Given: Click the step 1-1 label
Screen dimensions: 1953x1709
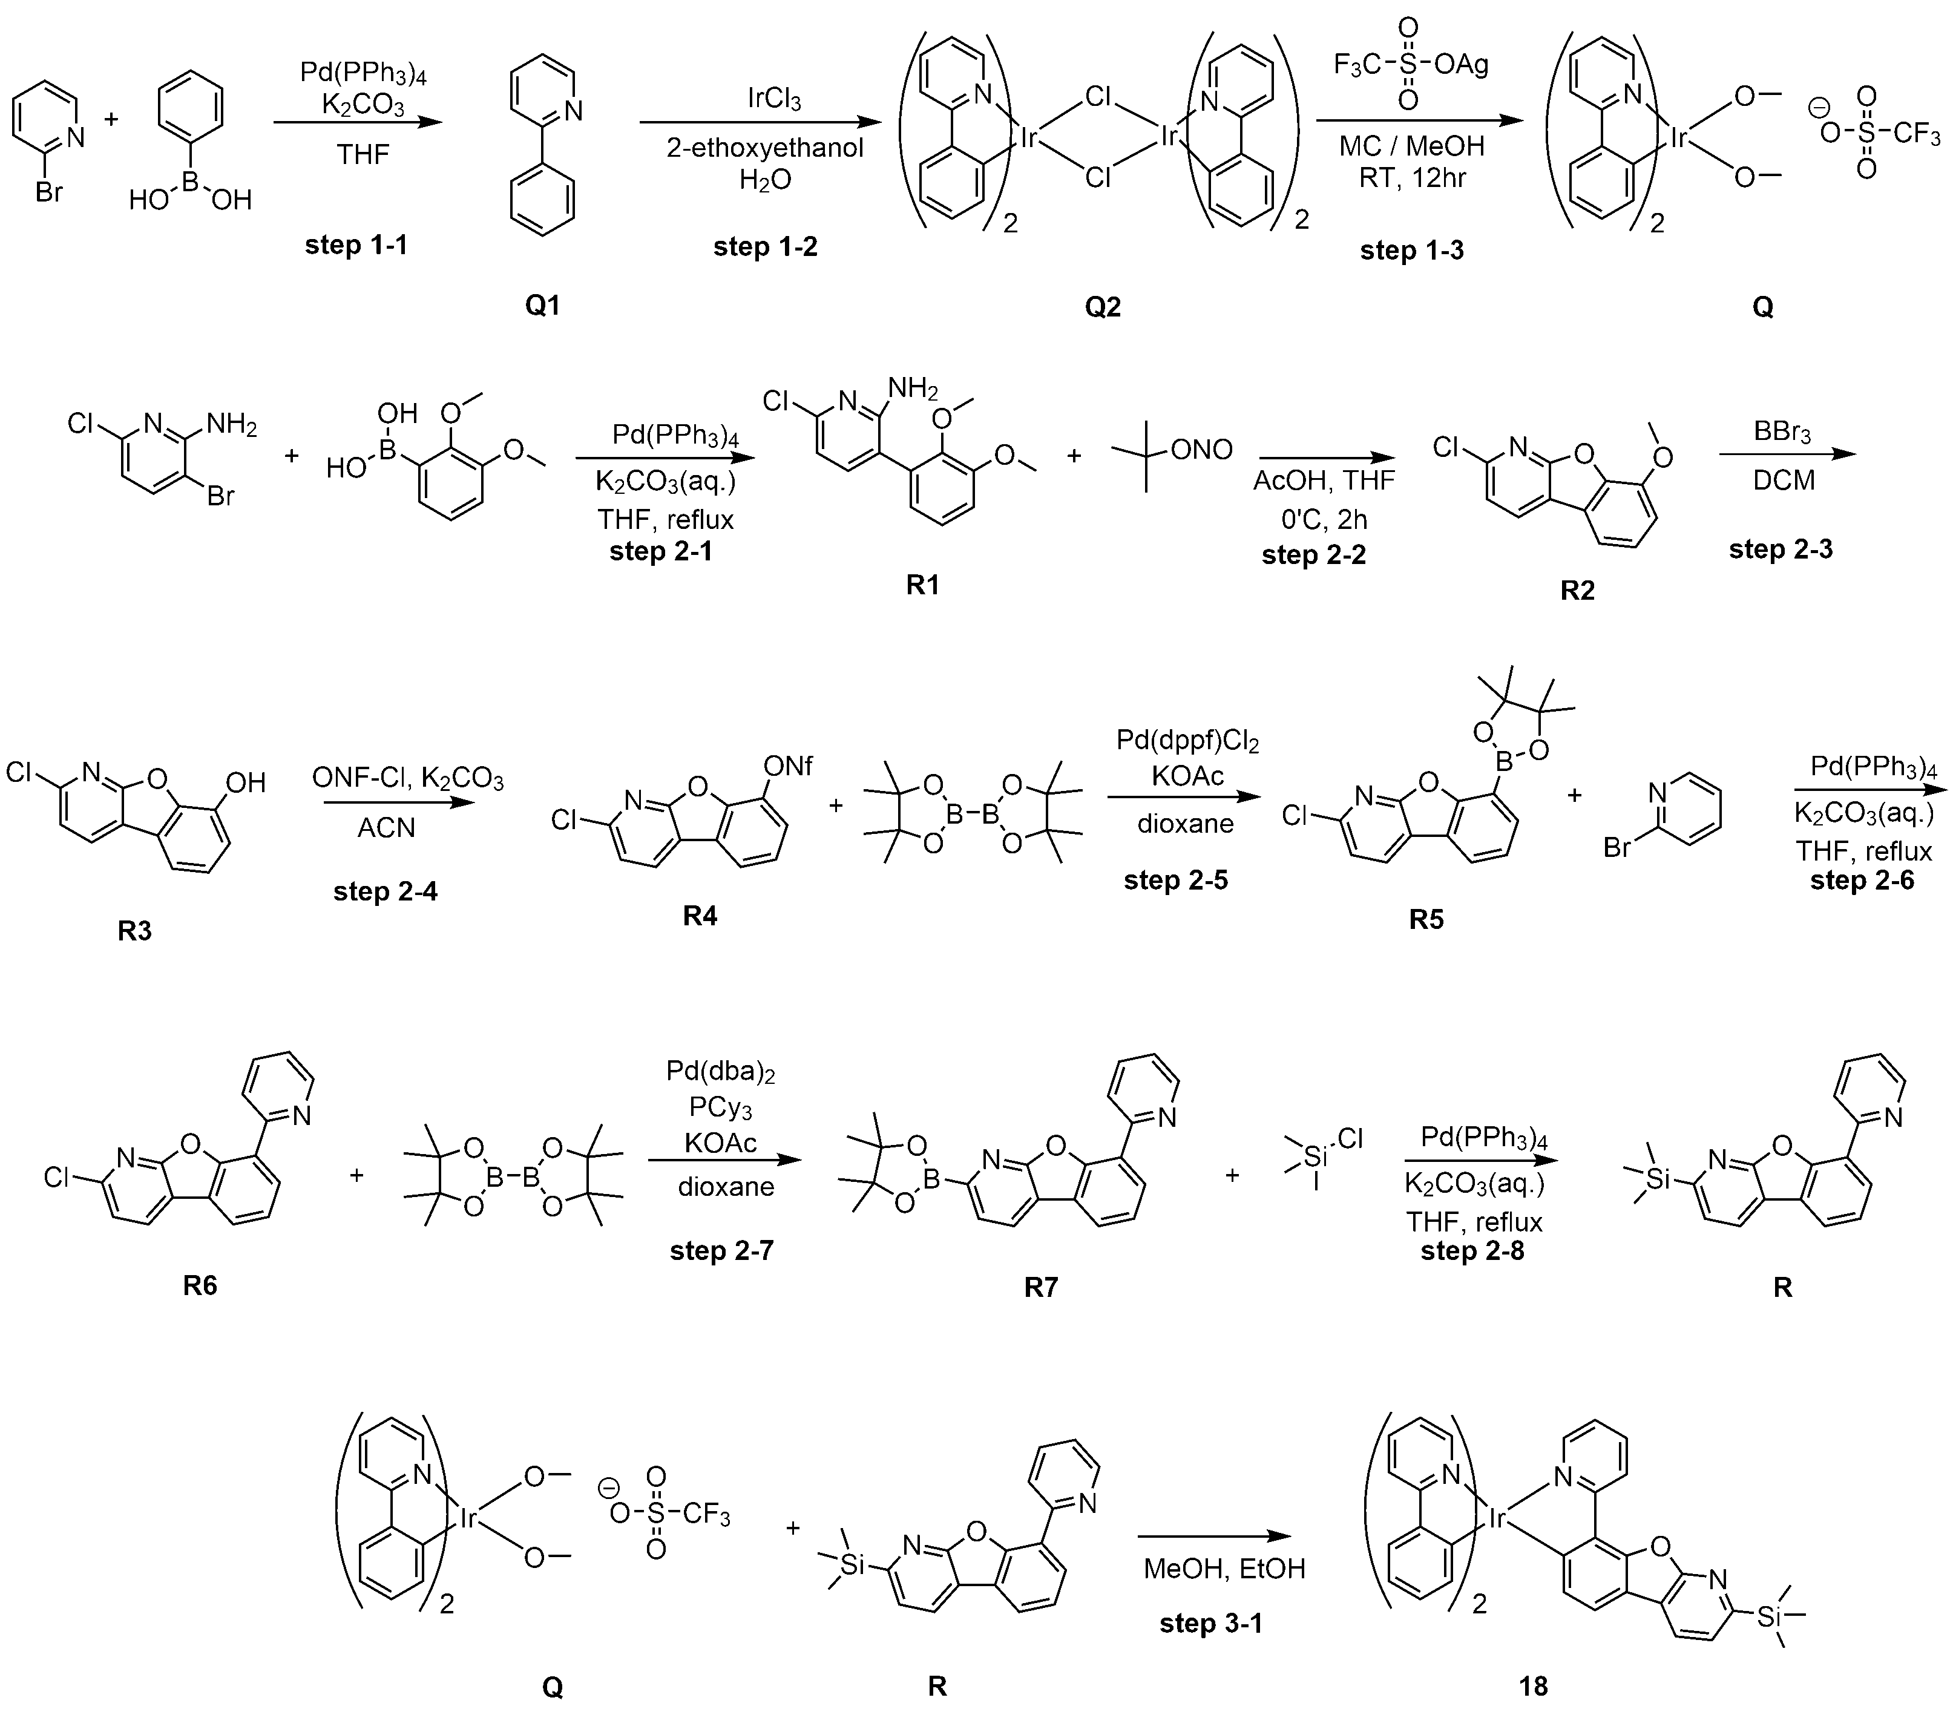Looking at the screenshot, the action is click(356, 245).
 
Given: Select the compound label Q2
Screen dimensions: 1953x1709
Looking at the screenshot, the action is click(1102, 306).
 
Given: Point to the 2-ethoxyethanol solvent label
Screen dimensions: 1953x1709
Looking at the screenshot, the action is click(765, 148).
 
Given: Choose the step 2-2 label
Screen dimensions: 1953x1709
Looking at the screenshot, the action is click(1313, 554).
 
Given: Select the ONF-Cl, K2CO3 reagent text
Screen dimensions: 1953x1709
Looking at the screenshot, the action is click(407, 779).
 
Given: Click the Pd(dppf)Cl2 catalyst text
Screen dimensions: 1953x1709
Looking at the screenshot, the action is click(1187, 741).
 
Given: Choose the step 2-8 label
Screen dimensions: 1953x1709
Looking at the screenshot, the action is click(1472, 1250).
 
